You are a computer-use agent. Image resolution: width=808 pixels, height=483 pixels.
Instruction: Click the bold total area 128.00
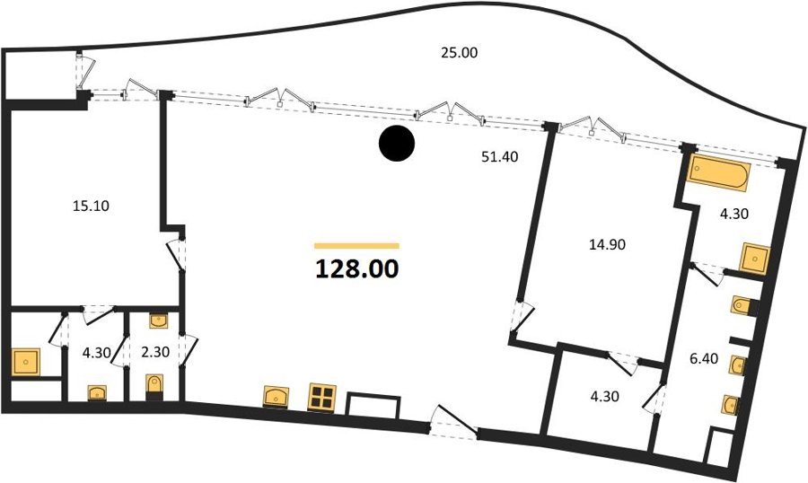coord(356,268)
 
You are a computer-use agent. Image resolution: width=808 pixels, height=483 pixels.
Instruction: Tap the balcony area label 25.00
coord(459,53)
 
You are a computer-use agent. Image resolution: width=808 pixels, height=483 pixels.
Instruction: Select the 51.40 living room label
coord(499,157)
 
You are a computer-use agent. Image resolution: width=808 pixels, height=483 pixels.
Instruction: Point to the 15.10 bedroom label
coord(91,206)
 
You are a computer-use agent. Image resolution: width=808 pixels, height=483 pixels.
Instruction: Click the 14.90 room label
coord(607,244)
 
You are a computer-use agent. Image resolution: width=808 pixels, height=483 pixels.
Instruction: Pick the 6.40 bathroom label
coord(703,358)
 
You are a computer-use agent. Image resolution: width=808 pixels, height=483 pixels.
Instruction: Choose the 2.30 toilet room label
coord(155,352)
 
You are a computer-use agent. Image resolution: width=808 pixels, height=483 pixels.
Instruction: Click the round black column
coord(396,144)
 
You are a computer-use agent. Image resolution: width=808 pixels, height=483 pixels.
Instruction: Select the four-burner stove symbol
coord(321,397)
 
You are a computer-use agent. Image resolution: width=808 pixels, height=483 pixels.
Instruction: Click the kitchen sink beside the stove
coord(276,397)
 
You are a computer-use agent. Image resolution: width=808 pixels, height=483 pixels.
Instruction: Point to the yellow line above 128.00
coord(356,246)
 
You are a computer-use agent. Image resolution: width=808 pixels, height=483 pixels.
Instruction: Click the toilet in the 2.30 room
coord(154,386)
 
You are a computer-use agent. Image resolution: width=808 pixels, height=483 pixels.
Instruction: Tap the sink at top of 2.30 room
coord(158,321)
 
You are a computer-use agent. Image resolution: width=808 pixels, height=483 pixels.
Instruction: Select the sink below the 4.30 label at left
coord(97,393)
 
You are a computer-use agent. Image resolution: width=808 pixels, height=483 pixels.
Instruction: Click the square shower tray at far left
coord(25,363)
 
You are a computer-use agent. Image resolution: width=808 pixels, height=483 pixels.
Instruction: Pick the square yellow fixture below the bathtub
coord(754,259)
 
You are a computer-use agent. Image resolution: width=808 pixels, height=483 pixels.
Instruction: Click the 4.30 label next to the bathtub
coord(733,214)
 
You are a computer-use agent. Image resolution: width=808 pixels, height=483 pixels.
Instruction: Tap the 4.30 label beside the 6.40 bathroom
coord(604,397)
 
